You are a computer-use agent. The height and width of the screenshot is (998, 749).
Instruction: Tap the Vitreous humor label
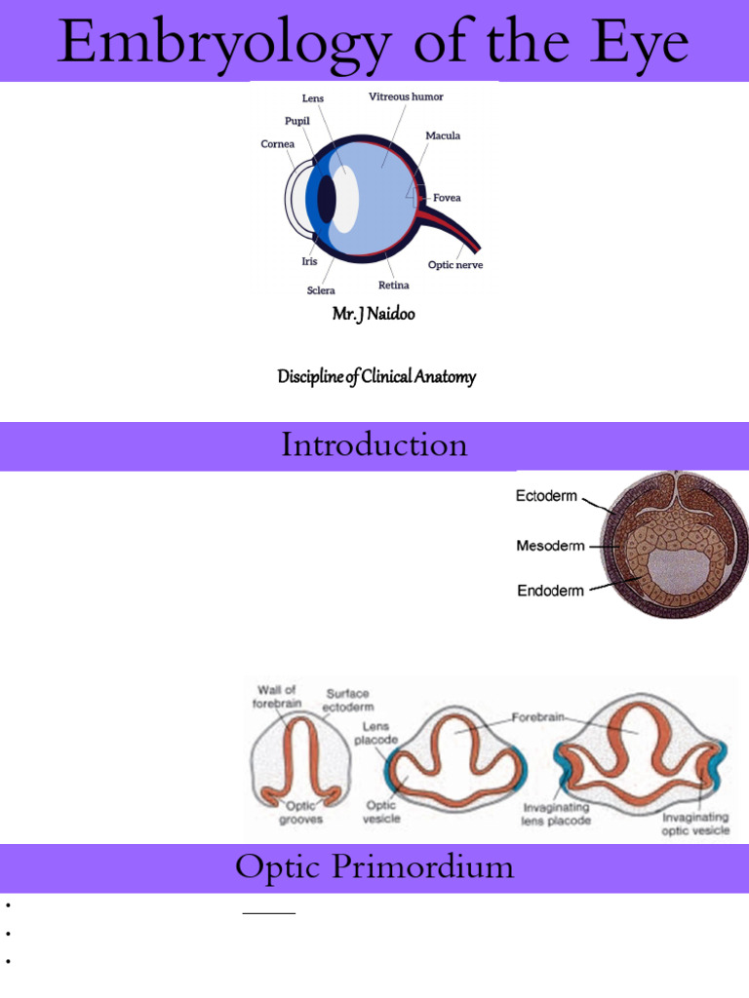tap(406, 96)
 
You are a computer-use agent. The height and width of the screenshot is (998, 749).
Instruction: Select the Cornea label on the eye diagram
tap(277, 144)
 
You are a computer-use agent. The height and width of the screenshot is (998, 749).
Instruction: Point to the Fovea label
tap(447, 198)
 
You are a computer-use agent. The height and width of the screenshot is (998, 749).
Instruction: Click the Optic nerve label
tap(455, 265)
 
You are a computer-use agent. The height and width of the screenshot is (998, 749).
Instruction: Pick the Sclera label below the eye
tap(321, 290)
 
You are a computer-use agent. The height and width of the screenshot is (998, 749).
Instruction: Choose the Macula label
tap(443, 135)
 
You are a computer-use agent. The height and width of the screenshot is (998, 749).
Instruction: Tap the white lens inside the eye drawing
tap(345, 199)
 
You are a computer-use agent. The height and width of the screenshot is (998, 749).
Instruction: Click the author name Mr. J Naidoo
tap(374, 315)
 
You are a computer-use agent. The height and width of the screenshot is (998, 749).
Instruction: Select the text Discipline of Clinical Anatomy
tap(376, 376)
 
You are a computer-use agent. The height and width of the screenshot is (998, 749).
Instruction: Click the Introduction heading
tap(374, 445)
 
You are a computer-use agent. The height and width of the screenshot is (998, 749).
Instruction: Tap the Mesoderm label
tap(550, 546)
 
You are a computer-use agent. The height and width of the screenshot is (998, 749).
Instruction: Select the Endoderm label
tap(550, 590)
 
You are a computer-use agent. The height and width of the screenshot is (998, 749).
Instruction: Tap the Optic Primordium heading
tap(374, 867)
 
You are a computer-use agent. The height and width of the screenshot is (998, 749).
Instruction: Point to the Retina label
tap(394, 286)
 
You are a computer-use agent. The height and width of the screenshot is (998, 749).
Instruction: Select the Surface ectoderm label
tap(349, 700)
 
